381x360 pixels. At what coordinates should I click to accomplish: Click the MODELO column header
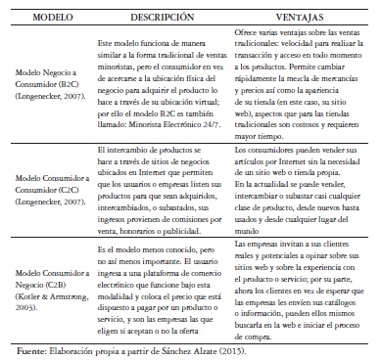point(47,18)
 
